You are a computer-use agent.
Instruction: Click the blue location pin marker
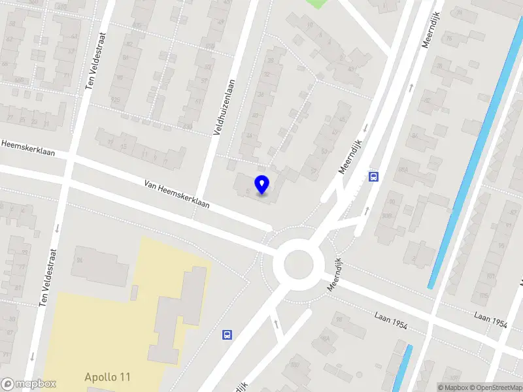click(262, 185)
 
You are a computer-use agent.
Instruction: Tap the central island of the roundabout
click(299, 265)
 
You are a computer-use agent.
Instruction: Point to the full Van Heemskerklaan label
click(177, 193)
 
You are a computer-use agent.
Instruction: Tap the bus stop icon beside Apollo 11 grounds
click(227, 335)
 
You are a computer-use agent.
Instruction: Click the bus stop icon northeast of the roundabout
click(373, 176)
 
